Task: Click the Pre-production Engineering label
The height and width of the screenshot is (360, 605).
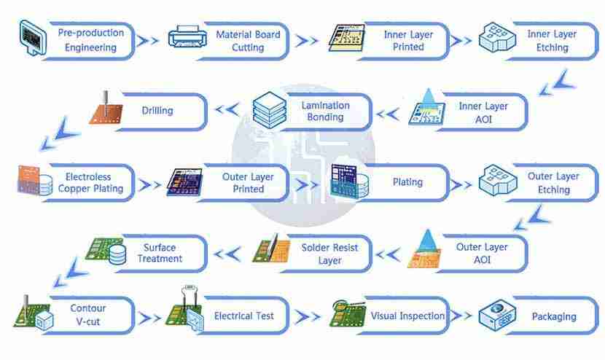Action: [90, 40]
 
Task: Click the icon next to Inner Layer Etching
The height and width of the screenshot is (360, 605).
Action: [496, 36]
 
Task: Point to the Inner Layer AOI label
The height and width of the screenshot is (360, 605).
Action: [483, 112]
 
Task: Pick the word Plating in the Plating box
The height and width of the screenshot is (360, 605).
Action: [407, 181]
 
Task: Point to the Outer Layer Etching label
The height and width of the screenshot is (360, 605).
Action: [553, 182]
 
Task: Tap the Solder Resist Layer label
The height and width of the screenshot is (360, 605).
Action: [329, 254]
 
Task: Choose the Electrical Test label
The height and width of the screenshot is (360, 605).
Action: [243, 316]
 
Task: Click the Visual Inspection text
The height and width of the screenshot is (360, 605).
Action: [407, 316]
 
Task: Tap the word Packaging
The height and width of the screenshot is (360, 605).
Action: [554, 316]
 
